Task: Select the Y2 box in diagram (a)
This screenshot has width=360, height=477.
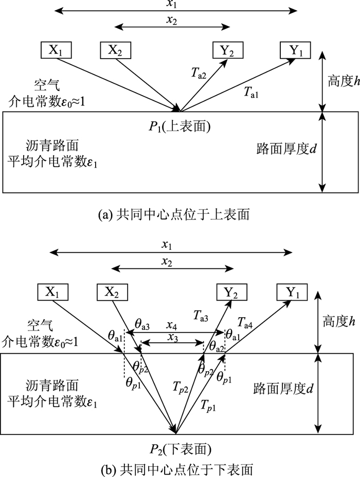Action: click(x=228, y=50)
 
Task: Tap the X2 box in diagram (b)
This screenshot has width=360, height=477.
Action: click(x=112, y=292)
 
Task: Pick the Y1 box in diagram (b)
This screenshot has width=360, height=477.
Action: click(x=292, y=292)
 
